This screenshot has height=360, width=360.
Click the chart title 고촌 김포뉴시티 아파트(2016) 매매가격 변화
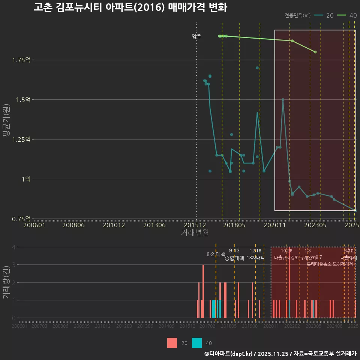coord(130,7)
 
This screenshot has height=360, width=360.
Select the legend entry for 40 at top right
coord(347,15)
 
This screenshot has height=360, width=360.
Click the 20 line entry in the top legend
coord(324,15)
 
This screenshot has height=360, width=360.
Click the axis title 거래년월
coord(195,233)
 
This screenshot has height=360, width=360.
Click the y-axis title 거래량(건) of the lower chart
coord(6,283)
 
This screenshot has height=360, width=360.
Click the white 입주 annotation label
coord(196,36)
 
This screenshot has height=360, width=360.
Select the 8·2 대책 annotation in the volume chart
coord(216,254)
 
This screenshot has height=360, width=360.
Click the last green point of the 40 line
coord(315,52)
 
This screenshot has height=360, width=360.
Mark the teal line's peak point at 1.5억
coord(283,100)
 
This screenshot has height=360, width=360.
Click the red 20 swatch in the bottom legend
coord(172,343)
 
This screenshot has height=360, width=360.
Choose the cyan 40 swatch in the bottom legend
coord(197,343)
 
